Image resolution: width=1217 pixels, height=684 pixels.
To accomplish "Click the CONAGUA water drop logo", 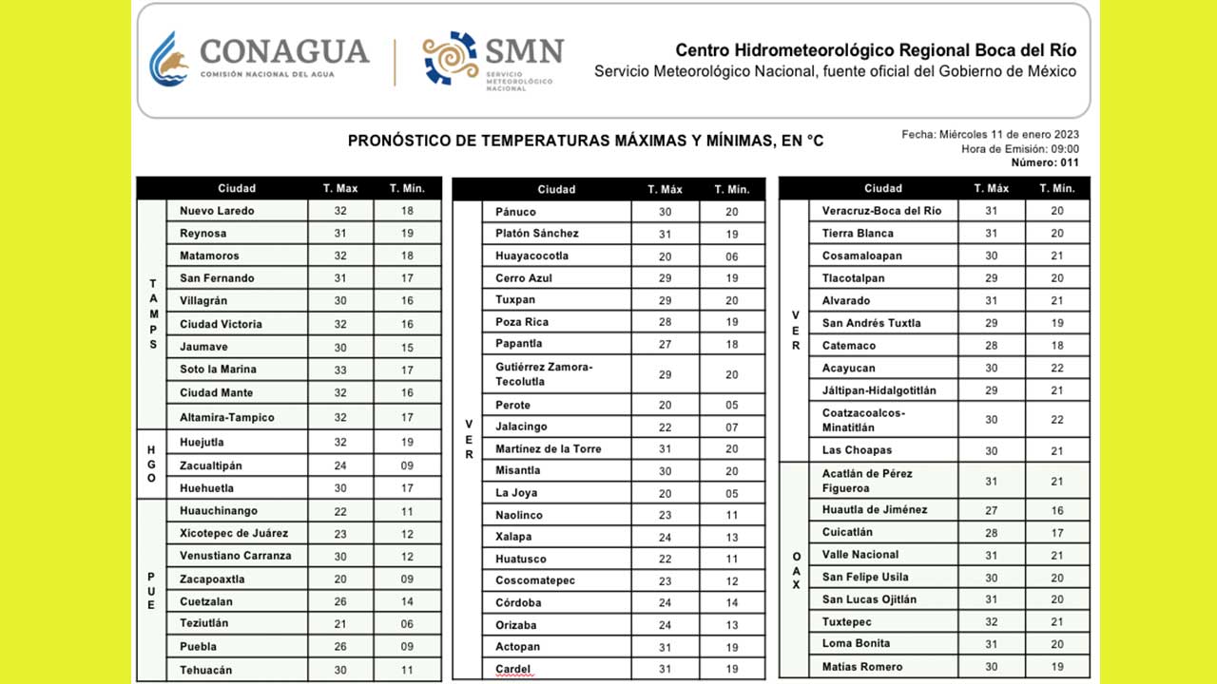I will [x=169, y=59].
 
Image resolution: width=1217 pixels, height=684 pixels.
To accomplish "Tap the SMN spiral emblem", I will [x=451, y=58].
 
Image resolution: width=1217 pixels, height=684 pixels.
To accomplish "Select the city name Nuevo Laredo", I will [x=217, y=211].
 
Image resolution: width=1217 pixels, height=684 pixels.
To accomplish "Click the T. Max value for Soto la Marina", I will [x=340, y=370].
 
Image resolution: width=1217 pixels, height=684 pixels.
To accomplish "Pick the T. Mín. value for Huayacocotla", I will [x=732, y=256].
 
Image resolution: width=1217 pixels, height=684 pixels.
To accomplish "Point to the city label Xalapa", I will [x=514, y=537].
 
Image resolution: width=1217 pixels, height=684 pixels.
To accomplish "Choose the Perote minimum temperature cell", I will [x=732, y=406].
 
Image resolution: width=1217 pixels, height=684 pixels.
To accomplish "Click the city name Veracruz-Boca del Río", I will [x=881, y=211].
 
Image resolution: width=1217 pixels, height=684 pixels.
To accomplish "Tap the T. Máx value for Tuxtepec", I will [x=991, y=622].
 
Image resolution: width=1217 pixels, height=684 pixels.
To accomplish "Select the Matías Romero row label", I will [x=862, y=667].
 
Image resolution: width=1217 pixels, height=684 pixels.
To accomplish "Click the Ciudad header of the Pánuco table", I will [x=556, y=189].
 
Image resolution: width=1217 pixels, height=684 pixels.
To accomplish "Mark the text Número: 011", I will [x=1045, y=162].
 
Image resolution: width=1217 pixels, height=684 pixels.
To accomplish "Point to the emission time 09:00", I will [x=1063, y=149].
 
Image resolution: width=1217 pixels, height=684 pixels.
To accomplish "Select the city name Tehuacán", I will [x=205, y=670].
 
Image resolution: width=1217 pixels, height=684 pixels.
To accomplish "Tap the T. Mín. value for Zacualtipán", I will [x=407, y=465].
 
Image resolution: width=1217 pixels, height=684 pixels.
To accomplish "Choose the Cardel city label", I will [x=513, y=670].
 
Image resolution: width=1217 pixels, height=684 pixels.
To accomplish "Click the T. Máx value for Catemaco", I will [x=991, y=346].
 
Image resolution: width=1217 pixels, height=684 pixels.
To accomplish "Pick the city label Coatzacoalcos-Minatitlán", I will [x=863, y=420].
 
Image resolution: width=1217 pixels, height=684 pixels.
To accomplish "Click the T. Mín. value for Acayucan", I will [x=1057, y=369].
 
